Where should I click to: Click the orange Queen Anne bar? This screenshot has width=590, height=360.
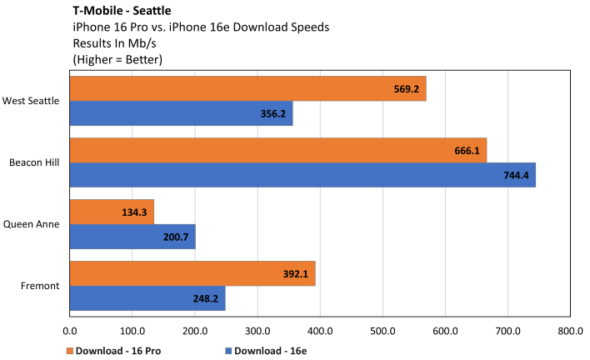tap(112, 212)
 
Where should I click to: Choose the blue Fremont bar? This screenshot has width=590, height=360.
tap(147, 298)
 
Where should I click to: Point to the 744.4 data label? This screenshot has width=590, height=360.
tap(517, 175)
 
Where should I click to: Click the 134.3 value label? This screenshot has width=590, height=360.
tap(136, 212)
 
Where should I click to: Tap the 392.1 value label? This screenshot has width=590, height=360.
tap(297, 273)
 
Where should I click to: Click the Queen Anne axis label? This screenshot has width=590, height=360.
tap(31, 224)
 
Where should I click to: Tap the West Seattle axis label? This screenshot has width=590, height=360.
tap(31, 101)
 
